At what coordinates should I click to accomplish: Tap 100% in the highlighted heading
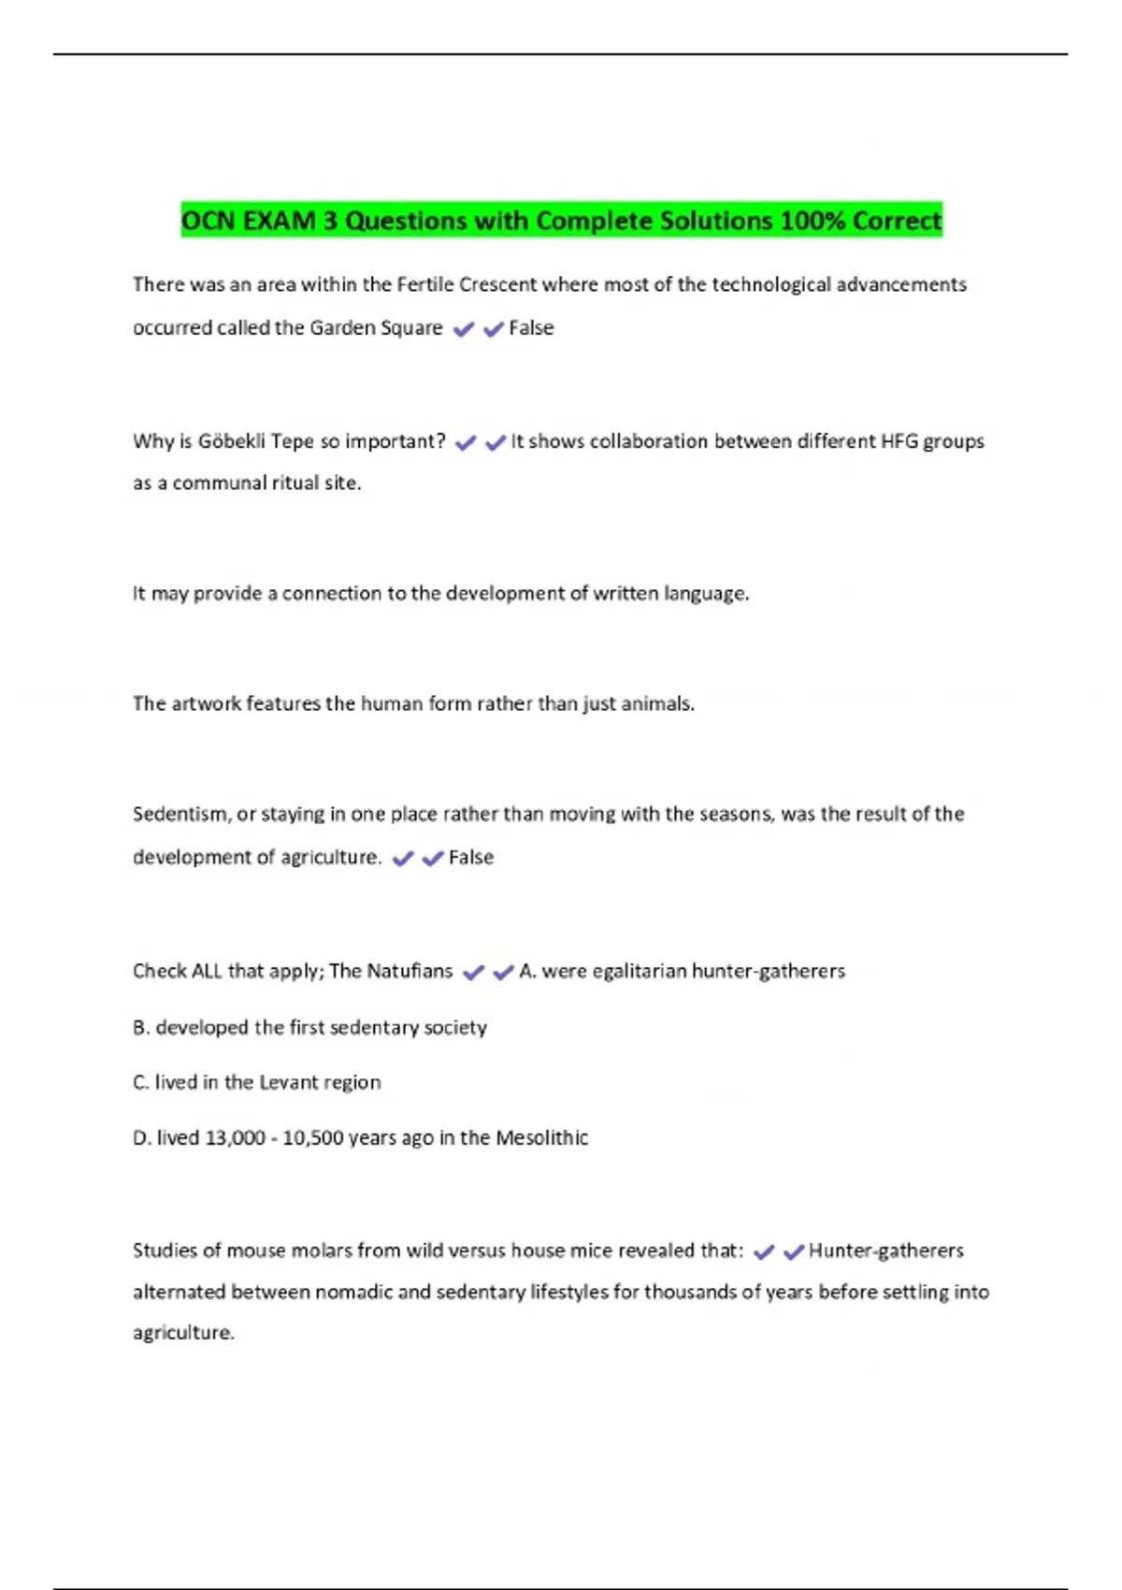tap(813, 221)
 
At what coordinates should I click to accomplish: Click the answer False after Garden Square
tap(531, 327)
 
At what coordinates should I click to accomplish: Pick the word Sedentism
tap(180, 814)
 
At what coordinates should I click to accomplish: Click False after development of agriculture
tap(471, 857)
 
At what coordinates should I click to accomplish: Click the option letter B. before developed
tap(141, 1027)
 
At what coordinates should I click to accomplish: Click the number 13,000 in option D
tap(235, 1138)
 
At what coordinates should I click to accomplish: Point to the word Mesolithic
tap(541, 1138)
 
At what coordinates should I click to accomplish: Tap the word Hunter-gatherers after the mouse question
tap(885, 1250)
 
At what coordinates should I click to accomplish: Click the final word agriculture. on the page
tap(183, 1333)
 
